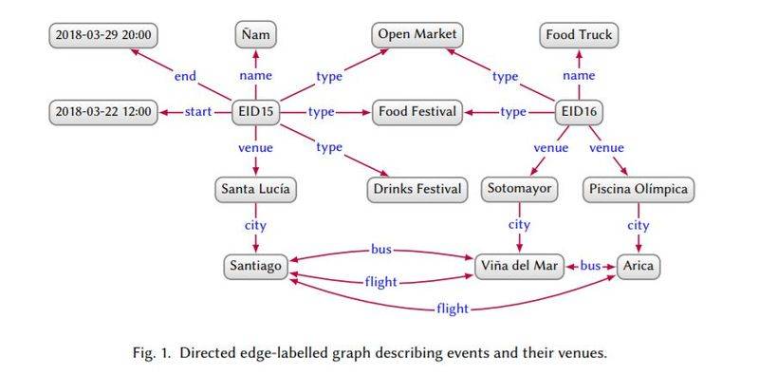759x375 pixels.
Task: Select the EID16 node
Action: coord(581,113)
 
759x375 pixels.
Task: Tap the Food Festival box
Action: coord(418,113)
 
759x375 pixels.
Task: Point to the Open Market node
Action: coord(417,36)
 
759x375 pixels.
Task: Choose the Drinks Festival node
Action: coord(417,190)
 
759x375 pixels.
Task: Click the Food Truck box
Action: coord(580,36)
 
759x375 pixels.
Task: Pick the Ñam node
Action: coord(257,36)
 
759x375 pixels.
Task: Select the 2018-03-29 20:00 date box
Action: coord(104,36)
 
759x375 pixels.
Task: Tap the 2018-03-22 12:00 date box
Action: coord(104,113)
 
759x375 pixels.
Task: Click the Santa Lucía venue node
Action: coord(257,190)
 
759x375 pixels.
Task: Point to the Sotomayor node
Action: coord(520,190)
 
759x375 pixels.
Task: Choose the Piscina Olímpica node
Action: coord(639,190)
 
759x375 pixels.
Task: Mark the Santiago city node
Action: coord(256,266)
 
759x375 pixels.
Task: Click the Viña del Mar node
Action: coord(520,266)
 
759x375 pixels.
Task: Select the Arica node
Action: coord(639,266)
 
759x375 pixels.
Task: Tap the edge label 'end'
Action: coord(186,76)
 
